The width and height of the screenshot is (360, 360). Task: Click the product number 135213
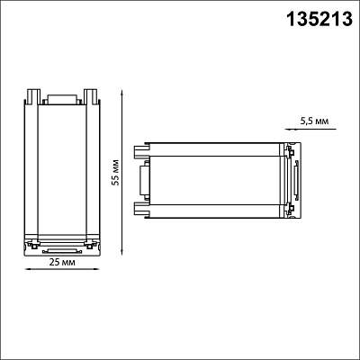pyautogui.click(x=319, y=19)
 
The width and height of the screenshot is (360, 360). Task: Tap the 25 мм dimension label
pyautogui.click(x=62, y=262)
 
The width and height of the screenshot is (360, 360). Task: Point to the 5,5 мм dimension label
pyautogui.click(x=314, y=121)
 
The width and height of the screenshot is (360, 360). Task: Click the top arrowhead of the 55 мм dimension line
pyautogui.click(x=121, y=93)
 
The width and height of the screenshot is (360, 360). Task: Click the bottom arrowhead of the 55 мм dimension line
pyautogui.click(x=121, y=253)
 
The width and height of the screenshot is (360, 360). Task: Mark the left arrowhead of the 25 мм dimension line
pyautogui.click(x=28, y=269)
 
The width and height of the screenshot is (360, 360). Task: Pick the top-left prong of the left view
pyautogui.click(x=32, y=96)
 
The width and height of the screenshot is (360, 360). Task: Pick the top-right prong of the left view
pyautogui.click(x=91, y=96)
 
